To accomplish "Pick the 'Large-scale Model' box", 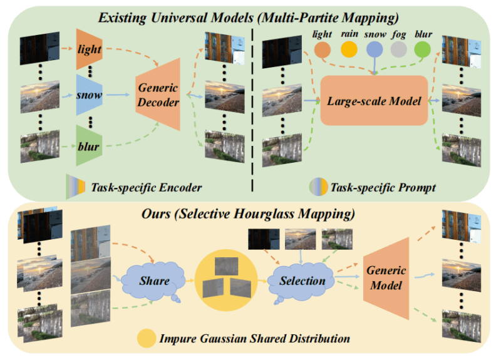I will point(374,100).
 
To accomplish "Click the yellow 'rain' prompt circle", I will point(349,49).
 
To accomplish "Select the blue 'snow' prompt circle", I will point(374,49).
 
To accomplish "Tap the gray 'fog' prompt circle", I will point(398,49).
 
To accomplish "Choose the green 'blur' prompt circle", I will point(423,49).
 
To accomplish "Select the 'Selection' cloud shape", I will point(302,279).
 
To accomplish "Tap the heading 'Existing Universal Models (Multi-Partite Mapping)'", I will point(250,14).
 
